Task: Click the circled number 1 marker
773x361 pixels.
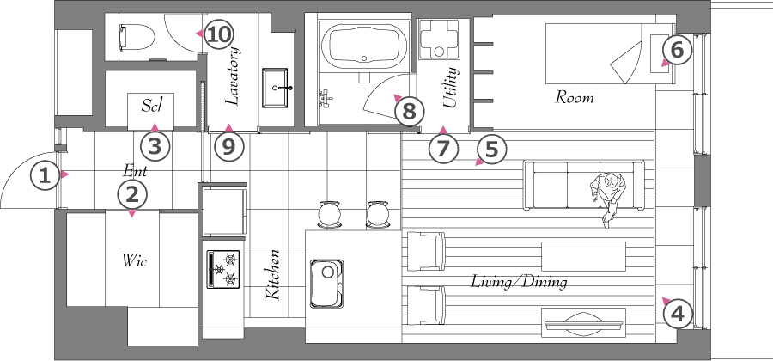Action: coord(45,176)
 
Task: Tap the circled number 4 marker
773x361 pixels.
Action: coord(679,314)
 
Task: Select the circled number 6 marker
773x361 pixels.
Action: coord(678,51)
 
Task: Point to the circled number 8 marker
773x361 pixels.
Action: coord(409,112)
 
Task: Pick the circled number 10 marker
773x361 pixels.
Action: coord(219,34)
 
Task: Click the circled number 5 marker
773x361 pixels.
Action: coord(491,149)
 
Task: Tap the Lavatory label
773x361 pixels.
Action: coord(233,76)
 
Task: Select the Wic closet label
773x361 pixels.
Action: coord(135,260)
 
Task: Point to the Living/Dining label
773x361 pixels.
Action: coord(519,282)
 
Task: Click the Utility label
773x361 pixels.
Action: coord(451,88)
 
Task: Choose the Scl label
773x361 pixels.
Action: coord(151,105)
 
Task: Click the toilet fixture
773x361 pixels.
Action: coord(137,38)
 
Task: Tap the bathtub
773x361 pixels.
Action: coord(364,43)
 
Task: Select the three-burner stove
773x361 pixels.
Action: coord(222,269)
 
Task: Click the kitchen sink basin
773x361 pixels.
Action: coord(326,284)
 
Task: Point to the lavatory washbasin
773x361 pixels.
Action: coord(275,88)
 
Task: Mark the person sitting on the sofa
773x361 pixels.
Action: coord(609,199)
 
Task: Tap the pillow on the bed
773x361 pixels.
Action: coord(660,54)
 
